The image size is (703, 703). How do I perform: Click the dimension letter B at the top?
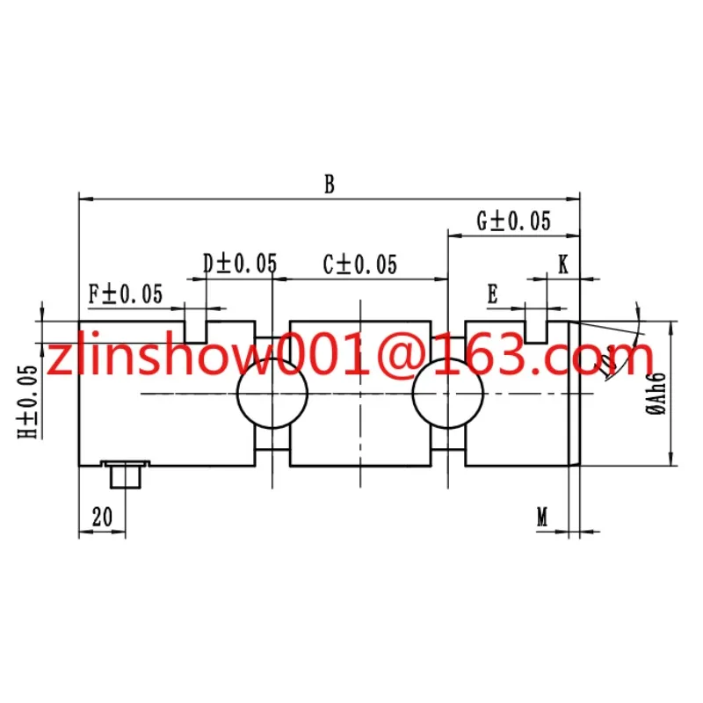[330, 185]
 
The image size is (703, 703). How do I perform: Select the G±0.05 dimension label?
[513, 221]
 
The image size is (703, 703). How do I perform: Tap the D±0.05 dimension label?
[240, 263]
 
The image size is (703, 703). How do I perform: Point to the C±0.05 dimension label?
[360, 265]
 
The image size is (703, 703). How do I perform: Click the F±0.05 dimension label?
[125, 294]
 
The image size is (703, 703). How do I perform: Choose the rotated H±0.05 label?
[28, 402]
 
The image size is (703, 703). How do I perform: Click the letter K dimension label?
[563, 265]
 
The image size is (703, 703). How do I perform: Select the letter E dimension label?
[492, 294]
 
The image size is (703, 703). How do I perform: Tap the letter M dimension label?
[542, 517]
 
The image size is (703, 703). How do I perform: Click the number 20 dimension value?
[102, 517]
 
